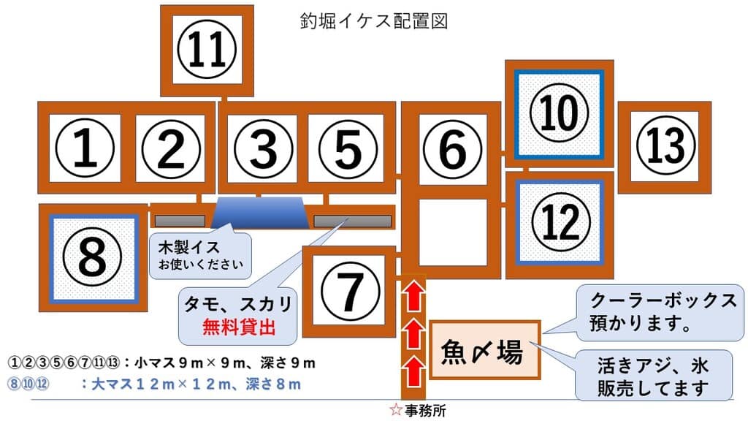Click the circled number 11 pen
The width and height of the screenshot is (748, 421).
[x=207, y=51]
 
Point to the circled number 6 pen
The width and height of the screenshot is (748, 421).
[x=453, y=150]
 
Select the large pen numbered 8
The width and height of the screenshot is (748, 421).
[x=93, y=257]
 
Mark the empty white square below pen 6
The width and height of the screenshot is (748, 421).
[x=453, y=232]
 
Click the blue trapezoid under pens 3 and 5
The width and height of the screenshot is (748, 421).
[x=261, y=213]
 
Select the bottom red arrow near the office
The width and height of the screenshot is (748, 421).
[x=413, y=366]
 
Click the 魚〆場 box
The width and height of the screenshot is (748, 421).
[x=484, y=352]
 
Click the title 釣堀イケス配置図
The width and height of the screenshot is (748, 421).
[x=373, y=20]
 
